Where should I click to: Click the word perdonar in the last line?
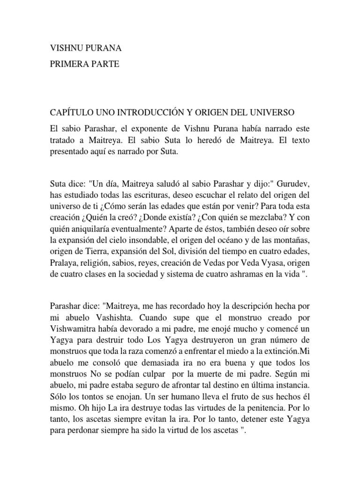[80, 427]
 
